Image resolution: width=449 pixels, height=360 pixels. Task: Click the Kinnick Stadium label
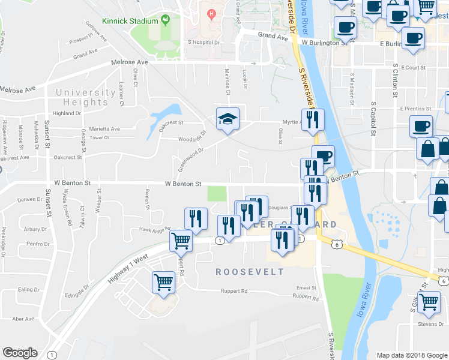pyautogui.click(x=130, y=21)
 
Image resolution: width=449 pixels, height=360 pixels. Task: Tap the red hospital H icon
pyautogui.click(x=210, y=13)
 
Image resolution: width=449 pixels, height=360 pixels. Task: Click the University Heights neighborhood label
pyautogui.click(x=85, y=97)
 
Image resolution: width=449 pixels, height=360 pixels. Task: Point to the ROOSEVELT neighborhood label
pyautogui.click(x=250, y=272)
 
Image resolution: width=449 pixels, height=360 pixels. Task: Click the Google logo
pyautogui.click(x=20, y=353)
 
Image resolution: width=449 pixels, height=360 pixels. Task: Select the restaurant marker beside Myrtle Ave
pyautogui.click(x=312, y=120)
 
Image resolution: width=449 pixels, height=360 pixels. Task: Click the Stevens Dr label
pyautogui.click(x=431, y=324)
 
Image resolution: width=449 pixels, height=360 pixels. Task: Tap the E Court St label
pyautogui.click(x=414, y=68)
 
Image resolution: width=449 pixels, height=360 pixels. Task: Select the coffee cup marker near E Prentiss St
pyautogui.click(x=421, y=127)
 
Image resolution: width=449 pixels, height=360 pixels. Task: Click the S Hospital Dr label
pyautogui.click(x=204, y=43)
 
